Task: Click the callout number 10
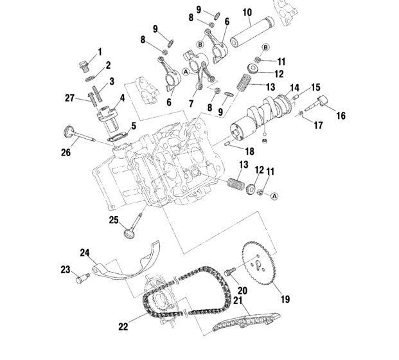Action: point(247,12)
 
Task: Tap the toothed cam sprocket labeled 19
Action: point(260,263)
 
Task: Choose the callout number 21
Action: point(238,301)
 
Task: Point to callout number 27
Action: point(69,98)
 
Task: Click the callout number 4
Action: point(122,98)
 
